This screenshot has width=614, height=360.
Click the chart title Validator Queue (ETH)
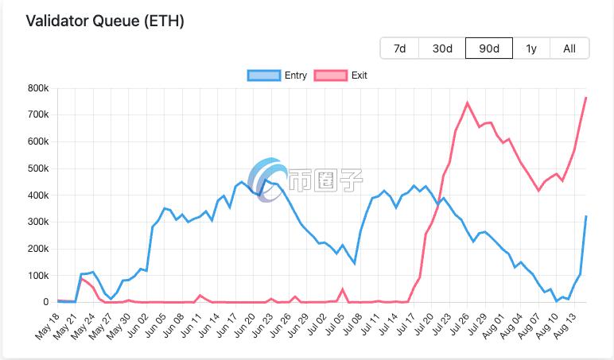click(x=105, y=21)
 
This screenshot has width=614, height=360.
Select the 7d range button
click(x=399, y=48)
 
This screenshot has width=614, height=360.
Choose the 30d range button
click(x=442, y=48)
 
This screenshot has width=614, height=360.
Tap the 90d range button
click(x=488, y=48)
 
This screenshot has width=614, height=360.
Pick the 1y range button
click(x=531, y=48)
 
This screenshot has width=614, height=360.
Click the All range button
click(x=569, y=48)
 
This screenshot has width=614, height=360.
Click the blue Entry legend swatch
click(x=264, y=75)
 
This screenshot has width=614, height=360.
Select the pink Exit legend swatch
click(x=331, y=75)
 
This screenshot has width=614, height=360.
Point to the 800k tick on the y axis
click(x=37, y=88)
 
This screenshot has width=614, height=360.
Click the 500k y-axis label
click(x=37, y=168)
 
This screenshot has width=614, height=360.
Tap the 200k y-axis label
click(x=37, y=249)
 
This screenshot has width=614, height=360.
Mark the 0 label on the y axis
click(x=46, y=303)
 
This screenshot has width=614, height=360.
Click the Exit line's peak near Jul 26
click(x=467, y=103)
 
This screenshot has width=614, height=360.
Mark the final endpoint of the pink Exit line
click(x=586, y=97)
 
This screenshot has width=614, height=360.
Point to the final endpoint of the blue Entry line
click(x=586, y=216)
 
